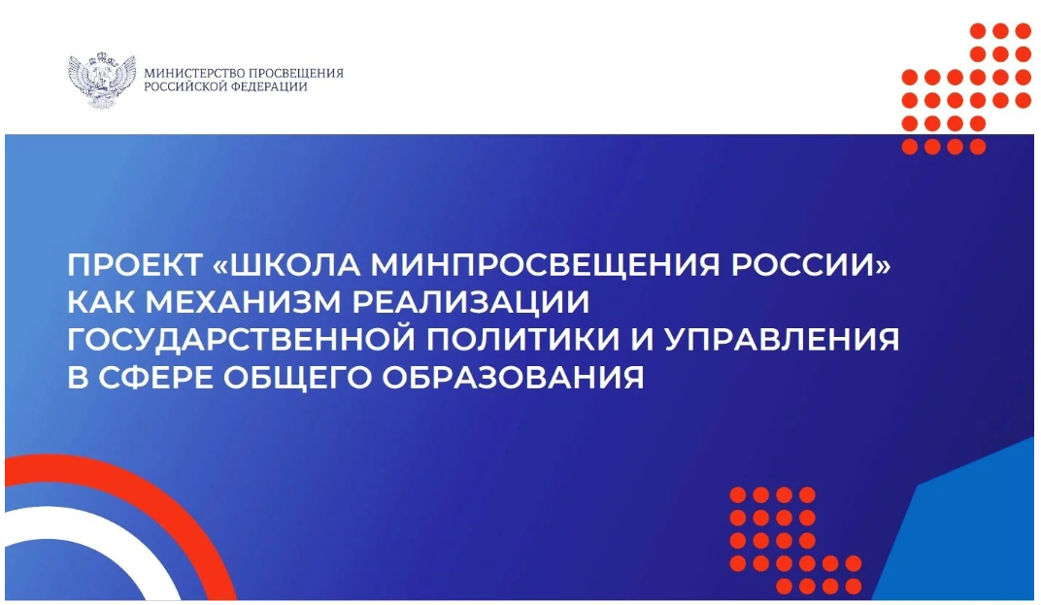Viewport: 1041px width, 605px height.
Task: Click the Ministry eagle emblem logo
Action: click(102, 80)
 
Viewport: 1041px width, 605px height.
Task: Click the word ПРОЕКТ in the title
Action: click(134, 266)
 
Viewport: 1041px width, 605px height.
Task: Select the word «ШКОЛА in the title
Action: click(287, 266)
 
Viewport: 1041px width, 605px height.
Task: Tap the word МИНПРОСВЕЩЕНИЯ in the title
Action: click(545, 266)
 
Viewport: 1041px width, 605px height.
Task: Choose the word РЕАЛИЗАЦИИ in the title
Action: click(471, 303)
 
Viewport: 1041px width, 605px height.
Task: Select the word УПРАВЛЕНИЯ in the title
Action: click(782, 339)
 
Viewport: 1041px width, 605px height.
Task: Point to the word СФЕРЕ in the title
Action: click(156, 377)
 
